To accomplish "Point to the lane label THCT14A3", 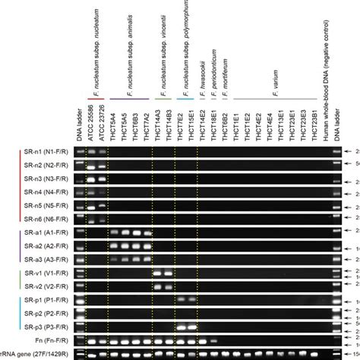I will [x=159, y=122].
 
